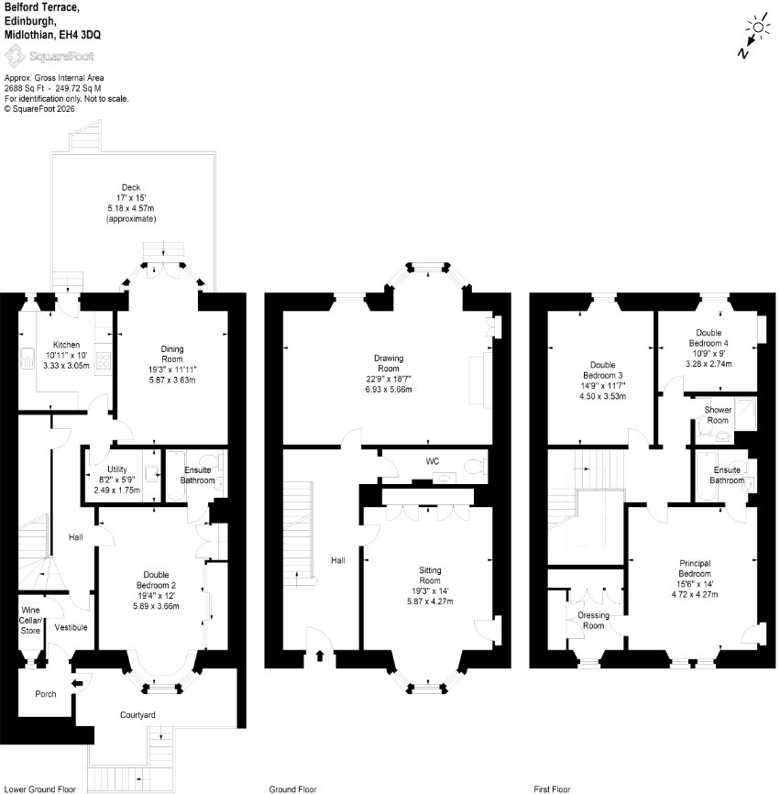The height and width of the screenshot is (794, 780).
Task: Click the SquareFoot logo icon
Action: [x=14, y=55]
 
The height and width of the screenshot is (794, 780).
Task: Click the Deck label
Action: [x=130, y=187]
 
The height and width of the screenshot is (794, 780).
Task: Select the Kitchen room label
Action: [x=66, y=345]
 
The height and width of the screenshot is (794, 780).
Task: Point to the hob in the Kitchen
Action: [x=104, y=360]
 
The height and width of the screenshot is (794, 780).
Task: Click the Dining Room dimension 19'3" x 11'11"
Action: [x=172, y=369]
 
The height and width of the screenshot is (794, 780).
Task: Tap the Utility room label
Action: [x=117, y=469]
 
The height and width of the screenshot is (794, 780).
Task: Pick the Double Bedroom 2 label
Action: [x=156, y=580]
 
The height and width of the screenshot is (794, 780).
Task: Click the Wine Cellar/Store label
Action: [x=30, y=621]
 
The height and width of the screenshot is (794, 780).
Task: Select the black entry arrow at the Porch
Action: [x=77, y=684]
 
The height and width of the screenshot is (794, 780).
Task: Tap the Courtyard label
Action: [x=137, y=715]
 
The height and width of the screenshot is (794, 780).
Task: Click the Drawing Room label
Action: [x=389, y=363]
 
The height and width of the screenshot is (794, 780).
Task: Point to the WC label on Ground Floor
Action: [x=433, y=461]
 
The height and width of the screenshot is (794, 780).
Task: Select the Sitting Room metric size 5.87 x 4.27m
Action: [x=430, y=601]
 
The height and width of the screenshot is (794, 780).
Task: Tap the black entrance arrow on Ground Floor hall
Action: [x=320, y=656]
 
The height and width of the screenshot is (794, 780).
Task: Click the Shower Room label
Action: [x=718, y=415]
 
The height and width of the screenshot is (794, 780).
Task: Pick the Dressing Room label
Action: [x=593, y=621]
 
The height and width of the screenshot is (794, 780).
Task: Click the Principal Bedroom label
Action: [x=695, y=568]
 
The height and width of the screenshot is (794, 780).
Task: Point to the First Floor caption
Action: [x=552, y=788]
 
